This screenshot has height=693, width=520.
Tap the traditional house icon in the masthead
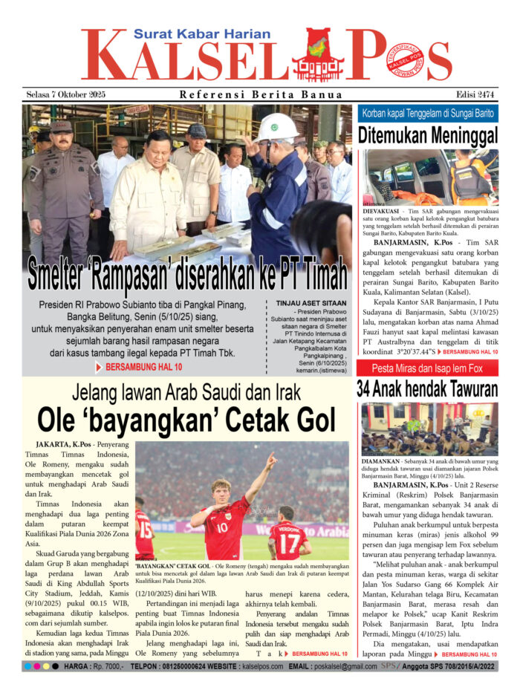(x=317, y=56)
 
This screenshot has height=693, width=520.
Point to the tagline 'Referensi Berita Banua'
(x=261, y=94)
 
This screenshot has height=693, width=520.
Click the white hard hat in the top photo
(x=277, y=127)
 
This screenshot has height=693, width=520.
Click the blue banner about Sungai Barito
(x=427, y=113)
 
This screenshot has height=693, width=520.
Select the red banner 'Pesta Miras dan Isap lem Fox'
(x=427, y=368)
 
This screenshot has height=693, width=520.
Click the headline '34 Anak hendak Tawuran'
(x=427, y=388)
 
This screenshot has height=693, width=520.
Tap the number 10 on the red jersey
(x=221, y=527)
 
